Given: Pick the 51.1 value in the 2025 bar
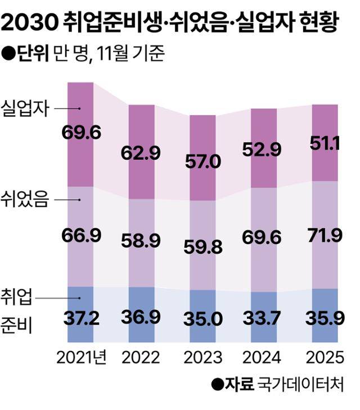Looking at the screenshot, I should [324, 143].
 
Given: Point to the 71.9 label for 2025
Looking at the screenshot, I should [324, 236].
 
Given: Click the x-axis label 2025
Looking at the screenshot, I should [324, 358].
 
